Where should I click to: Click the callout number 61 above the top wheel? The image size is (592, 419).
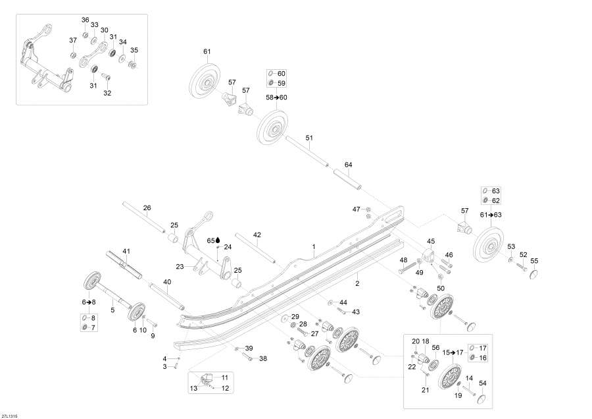point(207,51)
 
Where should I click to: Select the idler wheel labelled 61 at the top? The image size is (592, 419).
point(205,82)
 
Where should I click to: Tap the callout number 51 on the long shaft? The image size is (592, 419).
point(309,138)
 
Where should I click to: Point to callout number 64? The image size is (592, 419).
point(348,164)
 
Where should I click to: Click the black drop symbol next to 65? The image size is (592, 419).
point(218,240)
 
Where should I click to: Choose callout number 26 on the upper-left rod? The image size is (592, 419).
point(147,208)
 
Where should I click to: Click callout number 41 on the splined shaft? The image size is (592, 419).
point(126,251)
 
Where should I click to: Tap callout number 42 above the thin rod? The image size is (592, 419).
point(257,234)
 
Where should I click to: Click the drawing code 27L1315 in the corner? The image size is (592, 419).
point(9,415)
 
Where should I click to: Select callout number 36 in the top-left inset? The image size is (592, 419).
point(85,20)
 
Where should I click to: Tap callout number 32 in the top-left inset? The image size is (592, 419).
point(107,93)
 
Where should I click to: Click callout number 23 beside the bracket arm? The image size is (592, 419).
point(180,267)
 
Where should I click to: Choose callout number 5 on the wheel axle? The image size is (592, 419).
point(112,309)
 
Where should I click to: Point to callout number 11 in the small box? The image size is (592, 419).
point(224,377)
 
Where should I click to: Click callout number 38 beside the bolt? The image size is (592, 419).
point(262,359)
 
